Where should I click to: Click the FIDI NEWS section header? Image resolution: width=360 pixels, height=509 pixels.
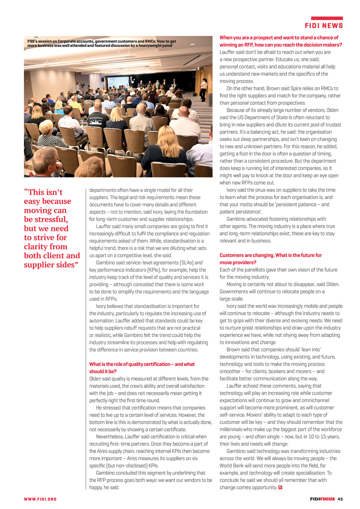click(324, 26)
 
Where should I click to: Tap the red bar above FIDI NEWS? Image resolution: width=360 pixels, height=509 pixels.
click(327, 18)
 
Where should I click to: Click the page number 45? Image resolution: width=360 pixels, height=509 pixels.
click(340, 499)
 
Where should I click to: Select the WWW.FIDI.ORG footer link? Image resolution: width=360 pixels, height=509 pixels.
click(40, 499)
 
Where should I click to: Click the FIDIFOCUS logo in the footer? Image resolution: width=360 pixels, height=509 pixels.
click(322, 499)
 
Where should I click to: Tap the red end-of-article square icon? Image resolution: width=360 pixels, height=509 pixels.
click(280, 488)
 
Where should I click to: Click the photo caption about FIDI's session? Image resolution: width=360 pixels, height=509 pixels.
click(102, 43)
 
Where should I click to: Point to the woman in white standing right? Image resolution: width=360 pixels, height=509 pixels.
click(203, 89)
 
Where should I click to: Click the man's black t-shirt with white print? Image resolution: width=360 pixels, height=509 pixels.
click(98, 121)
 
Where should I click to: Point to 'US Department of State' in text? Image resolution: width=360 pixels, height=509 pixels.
click(264, 117)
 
